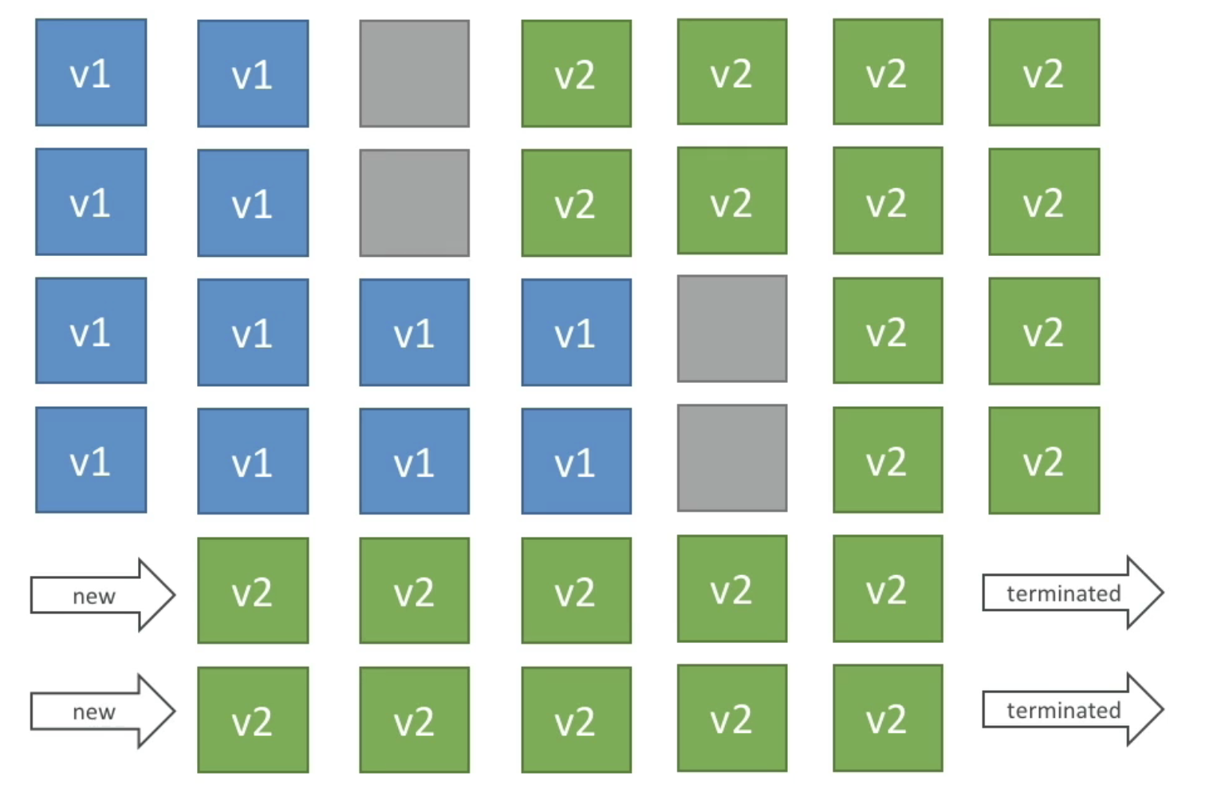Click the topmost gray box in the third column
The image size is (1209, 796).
click(414, 73)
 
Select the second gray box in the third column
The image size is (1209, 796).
click(414, 203)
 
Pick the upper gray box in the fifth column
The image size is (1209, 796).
click(731, 329)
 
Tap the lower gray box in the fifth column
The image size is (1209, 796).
click(731, 458)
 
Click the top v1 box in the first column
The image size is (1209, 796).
click(91, 73)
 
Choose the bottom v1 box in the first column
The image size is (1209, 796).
click(91, 460)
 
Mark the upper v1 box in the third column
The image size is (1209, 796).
click(414, 332)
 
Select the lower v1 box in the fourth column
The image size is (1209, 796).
click(576, 461)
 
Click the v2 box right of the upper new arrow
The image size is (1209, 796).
click(253, 590)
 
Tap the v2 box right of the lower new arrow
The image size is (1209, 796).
click(253, 719)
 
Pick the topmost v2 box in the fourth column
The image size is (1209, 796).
click(576, 73)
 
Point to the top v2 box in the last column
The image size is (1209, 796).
click(1044, 73)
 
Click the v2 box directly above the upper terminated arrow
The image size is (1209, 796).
click(1044, 460)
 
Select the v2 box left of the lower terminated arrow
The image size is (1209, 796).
click(888, 718)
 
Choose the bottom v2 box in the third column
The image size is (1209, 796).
click(414, 719)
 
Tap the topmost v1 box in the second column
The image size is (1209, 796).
click(253, 73)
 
